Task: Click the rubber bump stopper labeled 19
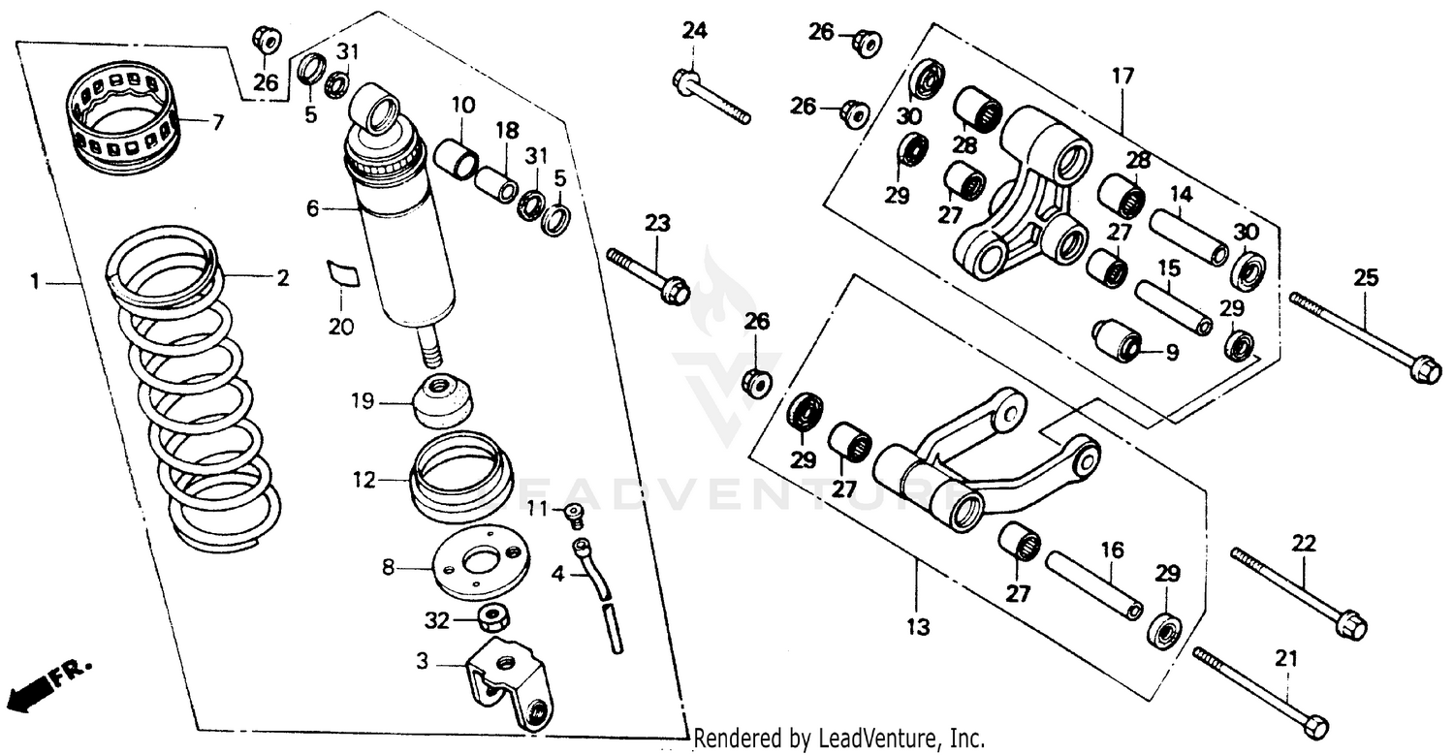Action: point(444,399)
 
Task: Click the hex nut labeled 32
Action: point(495,616)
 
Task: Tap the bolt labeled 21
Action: point(1260,690)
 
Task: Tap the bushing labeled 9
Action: point(1117,340)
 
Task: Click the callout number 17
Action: point(1122,75)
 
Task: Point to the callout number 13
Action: point(917,627)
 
